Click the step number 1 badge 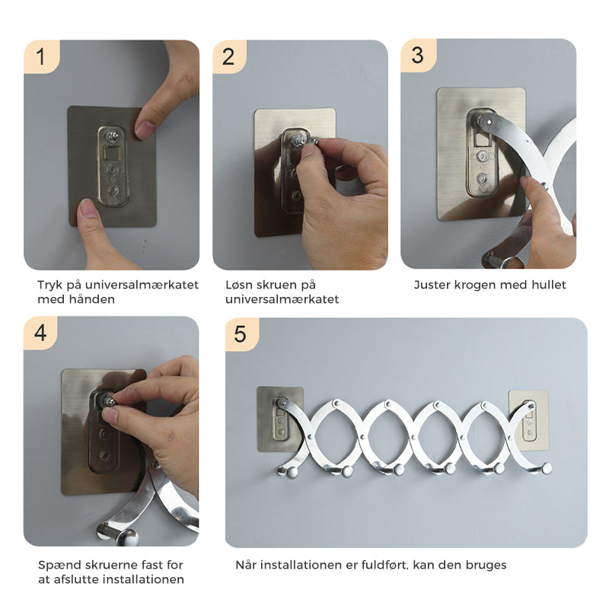coord(41,56)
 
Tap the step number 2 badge coord(229,56)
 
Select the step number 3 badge coord(418,55)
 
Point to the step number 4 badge coord(40,333)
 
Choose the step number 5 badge coord(241,334)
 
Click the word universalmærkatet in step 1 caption coord(142,285)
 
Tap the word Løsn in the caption coord(238,285)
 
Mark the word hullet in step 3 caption coord(548,285)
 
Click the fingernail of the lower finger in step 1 coord(89,209)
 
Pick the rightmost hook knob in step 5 coord(547,468)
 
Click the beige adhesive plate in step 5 coord(529,421)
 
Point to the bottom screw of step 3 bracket coord(482,179)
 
